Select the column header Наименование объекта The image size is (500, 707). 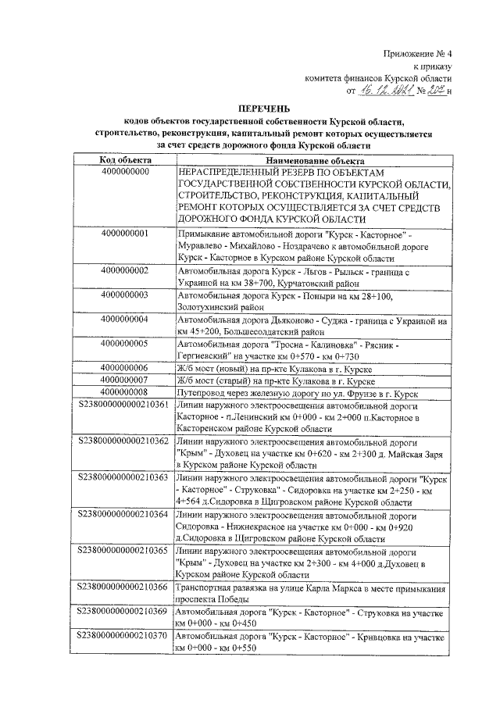(310, 159)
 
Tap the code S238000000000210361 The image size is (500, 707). (124, 405)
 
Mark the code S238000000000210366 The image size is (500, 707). (124, 587)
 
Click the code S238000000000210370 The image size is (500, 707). (124, 637)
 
